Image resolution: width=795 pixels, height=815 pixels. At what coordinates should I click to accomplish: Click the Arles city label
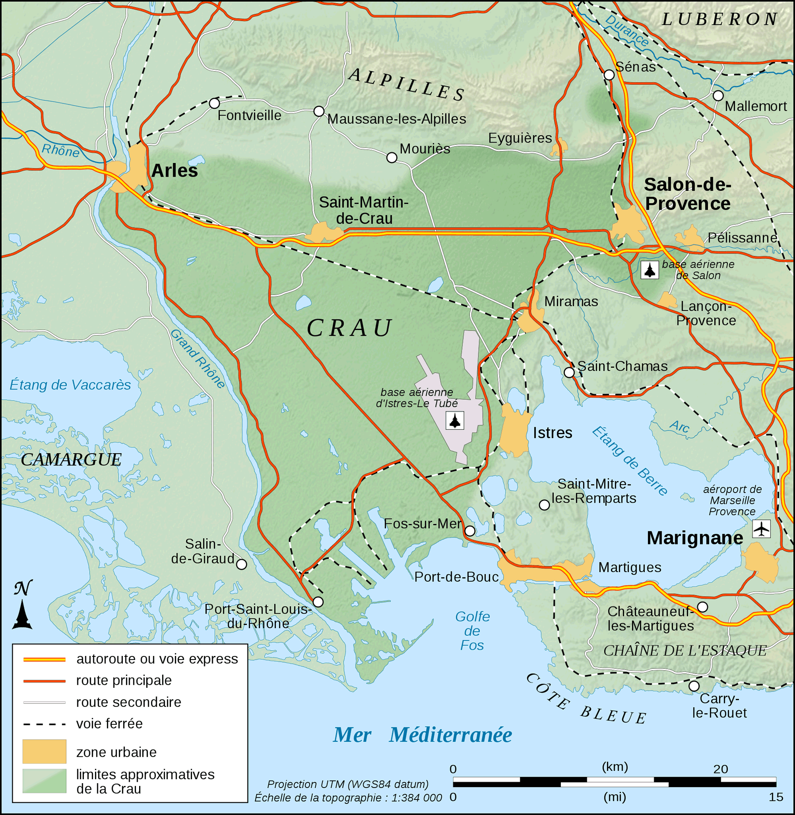click(x=174, y=171)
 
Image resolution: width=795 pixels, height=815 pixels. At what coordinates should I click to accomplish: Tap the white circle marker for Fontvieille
click(x=214, y=103)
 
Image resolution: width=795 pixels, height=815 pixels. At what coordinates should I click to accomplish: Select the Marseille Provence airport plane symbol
click(x=761, y=529)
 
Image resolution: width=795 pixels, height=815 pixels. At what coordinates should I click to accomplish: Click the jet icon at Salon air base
click(x=649, y=270)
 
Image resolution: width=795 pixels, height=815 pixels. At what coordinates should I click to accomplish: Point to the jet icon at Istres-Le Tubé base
click(x=454, y=420)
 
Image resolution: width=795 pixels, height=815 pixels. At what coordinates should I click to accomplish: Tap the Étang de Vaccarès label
click(x=70, y=385)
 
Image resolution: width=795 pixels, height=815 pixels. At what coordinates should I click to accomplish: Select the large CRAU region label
click(x=349, y=328)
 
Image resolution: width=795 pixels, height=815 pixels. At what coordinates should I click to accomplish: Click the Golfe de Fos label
click(x=472, y=631)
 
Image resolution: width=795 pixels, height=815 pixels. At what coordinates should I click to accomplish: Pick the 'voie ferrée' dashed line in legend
click(x=44, y=724)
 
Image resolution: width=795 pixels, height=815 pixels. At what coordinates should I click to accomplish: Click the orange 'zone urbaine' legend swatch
click(x=44, y=751)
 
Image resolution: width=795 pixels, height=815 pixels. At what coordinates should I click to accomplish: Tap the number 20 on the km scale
click(x=720, y=769)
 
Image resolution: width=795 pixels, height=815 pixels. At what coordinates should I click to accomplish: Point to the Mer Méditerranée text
click(x=422, y=735)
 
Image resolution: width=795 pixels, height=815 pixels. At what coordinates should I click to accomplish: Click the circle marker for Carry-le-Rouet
click(x=694, y=686)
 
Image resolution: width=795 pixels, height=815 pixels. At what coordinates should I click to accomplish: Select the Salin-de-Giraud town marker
click(x=242, y=564)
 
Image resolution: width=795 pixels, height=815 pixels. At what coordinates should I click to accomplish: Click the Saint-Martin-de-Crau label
click(x=363, y=210)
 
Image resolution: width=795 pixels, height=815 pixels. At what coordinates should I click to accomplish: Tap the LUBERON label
click(x=720, y=19)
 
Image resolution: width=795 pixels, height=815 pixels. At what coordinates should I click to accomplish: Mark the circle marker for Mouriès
click(x=391, y=158)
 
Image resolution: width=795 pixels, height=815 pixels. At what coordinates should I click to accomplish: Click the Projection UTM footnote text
click(x=348, y=784)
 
